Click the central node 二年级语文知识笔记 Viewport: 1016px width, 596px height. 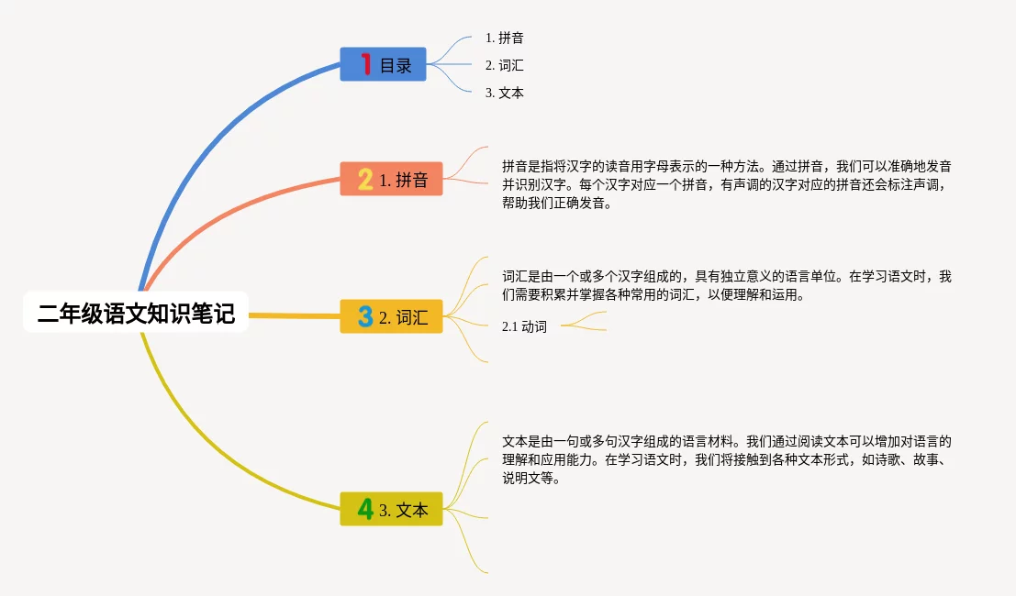(136, 313)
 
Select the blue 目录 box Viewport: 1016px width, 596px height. (383, 64)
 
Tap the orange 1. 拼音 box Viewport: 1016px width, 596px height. (391, 179)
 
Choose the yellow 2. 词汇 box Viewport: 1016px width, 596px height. (391, 316)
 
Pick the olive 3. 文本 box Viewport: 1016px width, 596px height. (391, 509)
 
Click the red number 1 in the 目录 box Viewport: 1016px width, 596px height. (366, 64)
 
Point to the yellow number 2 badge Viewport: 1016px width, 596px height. (365, 179)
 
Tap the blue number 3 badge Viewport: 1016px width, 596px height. (365, 316)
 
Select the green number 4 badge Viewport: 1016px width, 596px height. (365, 509)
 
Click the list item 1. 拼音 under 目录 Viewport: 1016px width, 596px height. (504, 38)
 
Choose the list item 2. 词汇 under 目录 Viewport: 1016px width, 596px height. (504, 65)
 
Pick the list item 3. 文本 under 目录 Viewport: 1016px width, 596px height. (504, 93)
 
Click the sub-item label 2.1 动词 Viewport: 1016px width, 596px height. (524, 326)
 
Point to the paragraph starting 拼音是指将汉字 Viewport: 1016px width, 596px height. (726, 184)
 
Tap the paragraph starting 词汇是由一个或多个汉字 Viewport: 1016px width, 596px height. (726, 285)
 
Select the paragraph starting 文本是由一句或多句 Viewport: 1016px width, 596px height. (726, 459)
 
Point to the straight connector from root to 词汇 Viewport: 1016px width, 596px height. (295, 315)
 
